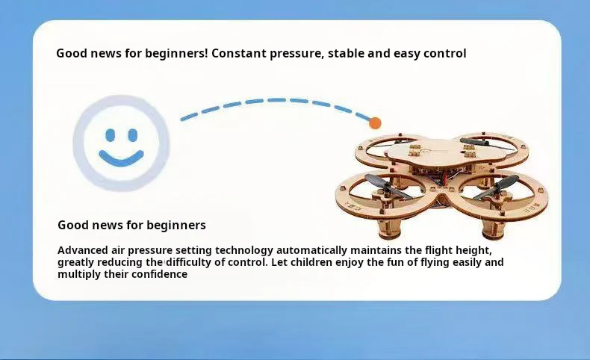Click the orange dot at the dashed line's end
375,122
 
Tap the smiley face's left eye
111,135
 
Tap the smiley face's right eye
133,135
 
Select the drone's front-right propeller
496,187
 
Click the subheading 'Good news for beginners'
131,225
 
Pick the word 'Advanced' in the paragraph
83,250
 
